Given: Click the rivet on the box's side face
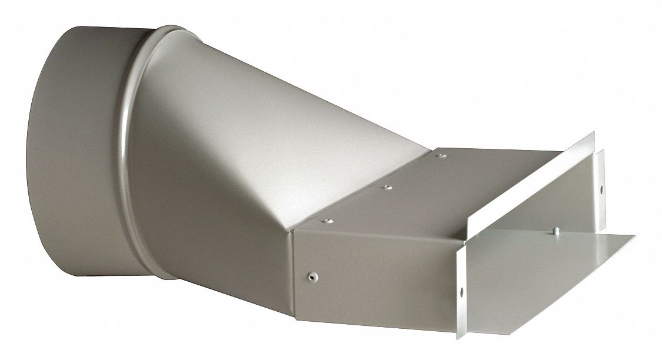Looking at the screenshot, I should point(312,274).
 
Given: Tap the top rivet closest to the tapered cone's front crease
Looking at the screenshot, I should point(325,221).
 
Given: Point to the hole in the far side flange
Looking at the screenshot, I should point(601,190).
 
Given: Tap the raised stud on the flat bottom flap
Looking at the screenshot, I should point(555,230).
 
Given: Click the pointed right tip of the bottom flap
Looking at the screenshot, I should point(634,236).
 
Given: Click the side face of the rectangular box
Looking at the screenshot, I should point(377,276).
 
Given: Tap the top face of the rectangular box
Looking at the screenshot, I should point(412,188).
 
